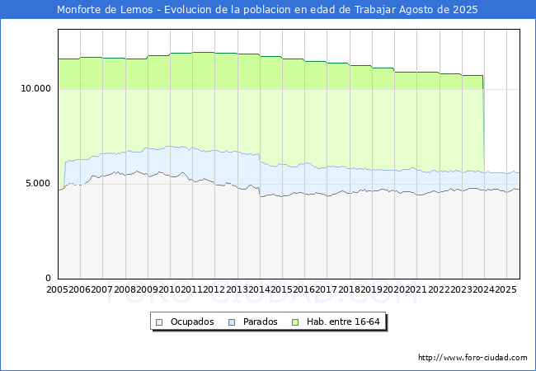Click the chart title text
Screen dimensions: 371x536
267,10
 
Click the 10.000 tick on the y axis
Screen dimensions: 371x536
36,88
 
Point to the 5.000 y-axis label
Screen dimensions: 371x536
39,183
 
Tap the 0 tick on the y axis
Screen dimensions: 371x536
49,279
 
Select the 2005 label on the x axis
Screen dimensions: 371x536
58,290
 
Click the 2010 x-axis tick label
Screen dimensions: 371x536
170,290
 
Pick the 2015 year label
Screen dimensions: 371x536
282,290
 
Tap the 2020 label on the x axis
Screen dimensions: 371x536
394,290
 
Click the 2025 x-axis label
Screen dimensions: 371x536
505,290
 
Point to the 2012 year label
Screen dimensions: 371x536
214,290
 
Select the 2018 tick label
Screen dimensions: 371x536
349,290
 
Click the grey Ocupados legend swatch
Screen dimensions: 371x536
160,322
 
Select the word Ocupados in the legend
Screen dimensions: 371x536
191,322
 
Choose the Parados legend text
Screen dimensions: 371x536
260,322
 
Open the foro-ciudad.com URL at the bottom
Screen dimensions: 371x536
473,358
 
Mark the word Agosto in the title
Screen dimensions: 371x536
418,10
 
